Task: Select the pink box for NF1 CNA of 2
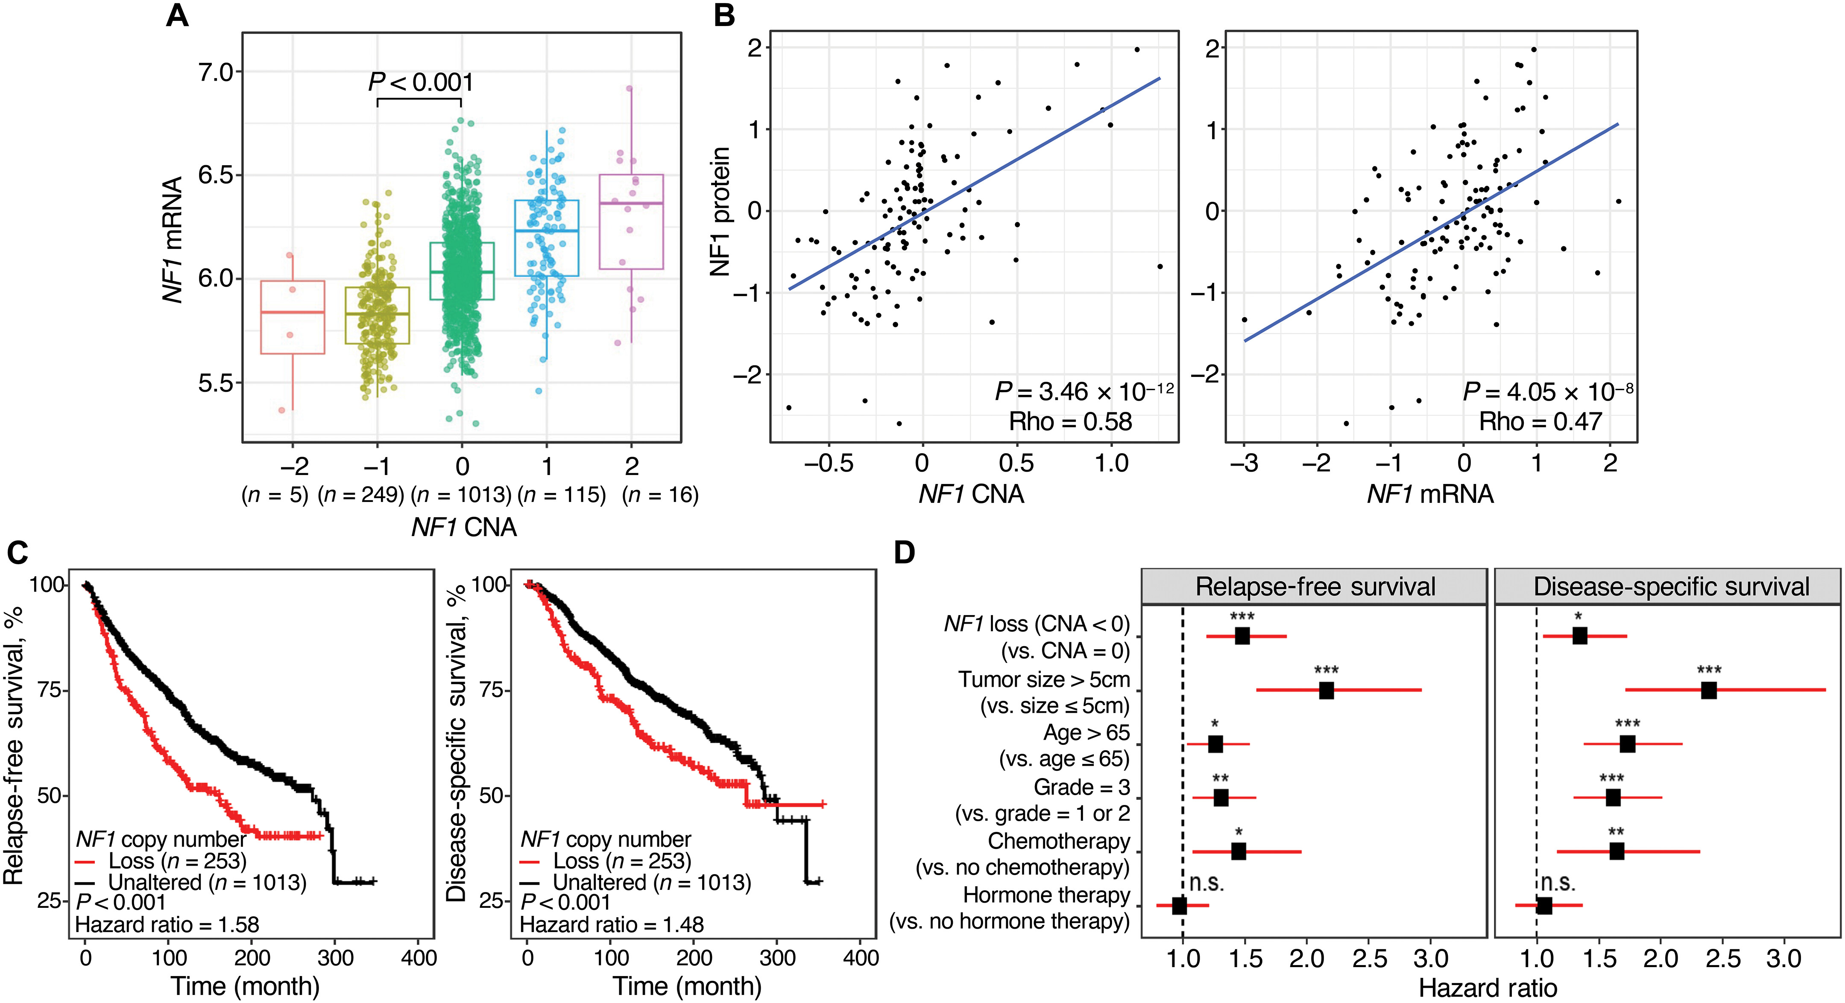[x=631, y=222]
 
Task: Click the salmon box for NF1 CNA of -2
[x=293, y=317]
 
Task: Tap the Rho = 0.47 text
[x=1540, y=422]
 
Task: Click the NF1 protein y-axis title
[x=720, y=212]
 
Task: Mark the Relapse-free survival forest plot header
[x=1315, y=586]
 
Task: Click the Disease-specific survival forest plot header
[x=1671, y=586]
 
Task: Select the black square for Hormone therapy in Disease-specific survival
[x=1544, y=906]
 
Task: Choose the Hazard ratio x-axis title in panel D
[x=1488, y=988]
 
